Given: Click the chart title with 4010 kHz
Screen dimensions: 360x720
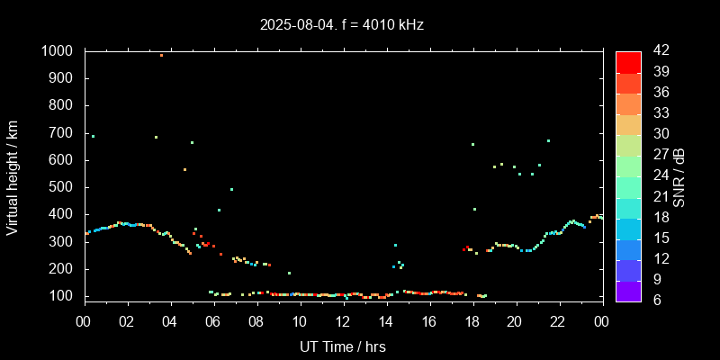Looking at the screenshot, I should (343, 24).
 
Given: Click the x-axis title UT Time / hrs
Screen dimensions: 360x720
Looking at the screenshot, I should (343, 346).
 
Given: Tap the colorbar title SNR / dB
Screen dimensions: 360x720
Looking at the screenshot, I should (679, 175).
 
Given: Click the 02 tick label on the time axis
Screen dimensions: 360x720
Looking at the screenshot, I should (128, 321).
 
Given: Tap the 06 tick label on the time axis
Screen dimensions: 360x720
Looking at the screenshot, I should (214, 321).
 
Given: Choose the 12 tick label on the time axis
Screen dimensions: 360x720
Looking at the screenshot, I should (343, 321).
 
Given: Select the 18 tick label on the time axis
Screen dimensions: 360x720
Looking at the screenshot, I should (472, 321).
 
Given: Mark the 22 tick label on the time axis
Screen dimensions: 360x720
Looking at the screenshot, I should (558, 321).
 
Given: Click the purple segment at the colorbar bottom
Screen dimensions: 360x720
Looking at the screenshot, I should (628, 290).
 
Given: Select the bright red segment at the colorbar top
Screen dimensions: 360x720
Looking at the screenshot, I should (628, 61).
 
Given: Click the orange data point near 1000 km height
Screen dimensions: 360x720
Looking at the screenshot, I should (162, 55).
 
